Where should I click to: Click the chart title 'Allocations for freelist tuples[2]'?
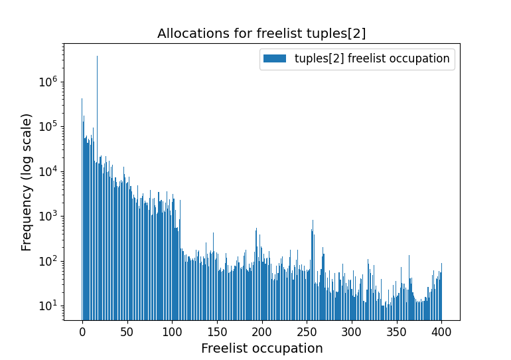261,34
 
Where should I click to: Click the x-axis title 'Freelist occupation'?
261,348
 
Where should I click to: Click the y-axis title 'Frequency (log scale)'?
27,182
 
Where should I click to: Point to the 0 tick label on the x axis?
82,331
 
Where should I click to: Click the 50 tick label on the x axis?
127,331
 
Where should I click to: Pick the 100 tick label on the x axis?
172,331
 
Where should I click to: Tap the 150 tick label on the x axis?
217,331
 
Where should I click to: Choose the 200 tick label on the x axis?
262,331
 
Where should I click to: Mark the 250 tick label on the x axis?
307,331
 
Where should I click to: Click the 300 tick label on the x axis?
352,331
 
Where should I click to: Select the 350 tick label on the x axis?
397,331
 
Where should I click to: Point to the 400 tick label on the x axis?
442,331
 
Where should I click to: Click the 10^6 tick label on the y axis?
49,82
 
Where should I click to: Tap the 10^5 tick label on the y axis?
49,127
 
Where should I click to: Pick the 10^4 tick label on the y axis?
49,171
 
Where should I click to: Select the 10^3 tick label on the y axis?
49,217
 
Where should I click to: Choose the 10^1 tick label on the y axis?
49,306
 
